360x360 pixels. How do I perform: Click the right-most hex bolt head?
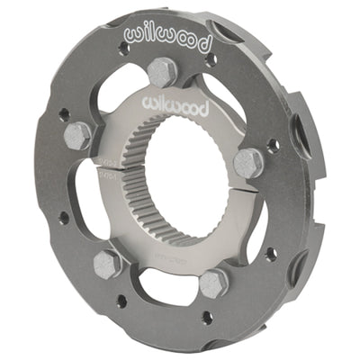point(248,163)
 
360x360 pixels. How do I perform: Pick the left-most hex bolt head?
point(77,135)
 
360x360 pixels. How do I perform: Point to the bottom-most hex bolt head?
point(214,283)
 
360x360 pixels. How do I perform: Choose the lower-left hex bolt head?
point(108,263)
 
